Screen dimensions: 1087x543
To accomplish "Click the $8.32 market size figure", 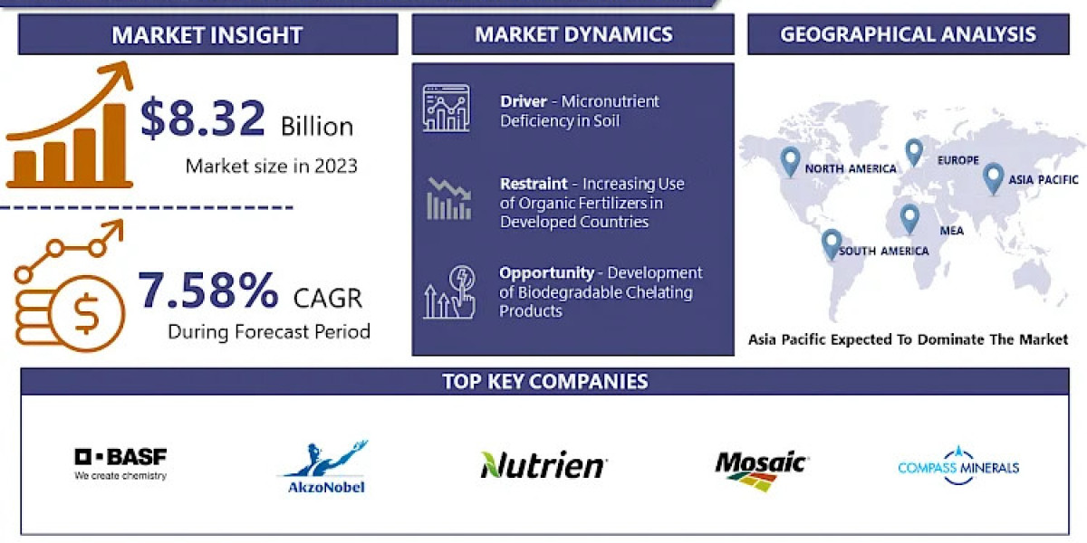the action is coord(203,118).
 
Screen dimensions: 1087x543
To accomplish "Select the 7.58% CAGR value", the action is coord(208,290).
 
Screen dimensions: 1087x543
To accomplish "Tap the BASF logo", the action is coord(120,464).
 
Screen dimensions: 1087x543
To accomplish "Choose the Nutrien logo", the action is coord(543,464).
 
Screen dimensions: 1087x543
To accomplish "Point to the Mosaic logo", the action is coord(761,470).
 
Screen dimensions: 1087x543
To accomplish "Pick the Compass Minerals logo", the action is coord(958,466).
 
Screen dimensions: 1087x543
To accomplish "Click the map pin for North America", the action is coord(790,162).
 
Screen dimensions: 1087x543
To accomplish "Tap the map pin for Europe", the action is coord(914,153).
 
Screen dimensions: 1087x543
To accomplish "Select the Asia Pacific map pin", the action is coord(993,179).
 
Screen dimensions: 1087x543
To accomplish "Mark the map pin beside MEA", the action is coord(909,219).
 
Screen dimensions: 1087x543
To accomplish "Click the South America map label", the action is coord(884,251).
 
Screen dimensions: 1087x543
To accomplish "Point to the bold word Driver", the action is coord(524,101).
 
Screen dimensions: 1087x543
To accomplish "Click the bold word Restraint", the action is coord(534,184).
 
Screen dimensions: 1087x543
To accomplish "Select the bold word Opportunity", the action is coord(546,273).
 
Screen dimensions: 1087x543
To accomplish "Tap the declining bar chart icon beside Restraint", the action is coord(449,199).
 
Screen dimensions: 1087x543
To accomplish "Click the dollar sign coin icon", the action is coord(86,314).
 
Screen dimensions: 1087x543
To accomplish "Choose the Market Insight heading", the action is coord(207,35).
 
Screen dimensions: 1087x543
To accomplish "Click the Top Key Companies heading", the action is coord(545,382).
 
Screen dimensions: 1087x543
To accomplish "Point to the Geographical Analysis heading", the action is coord(908,34).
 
